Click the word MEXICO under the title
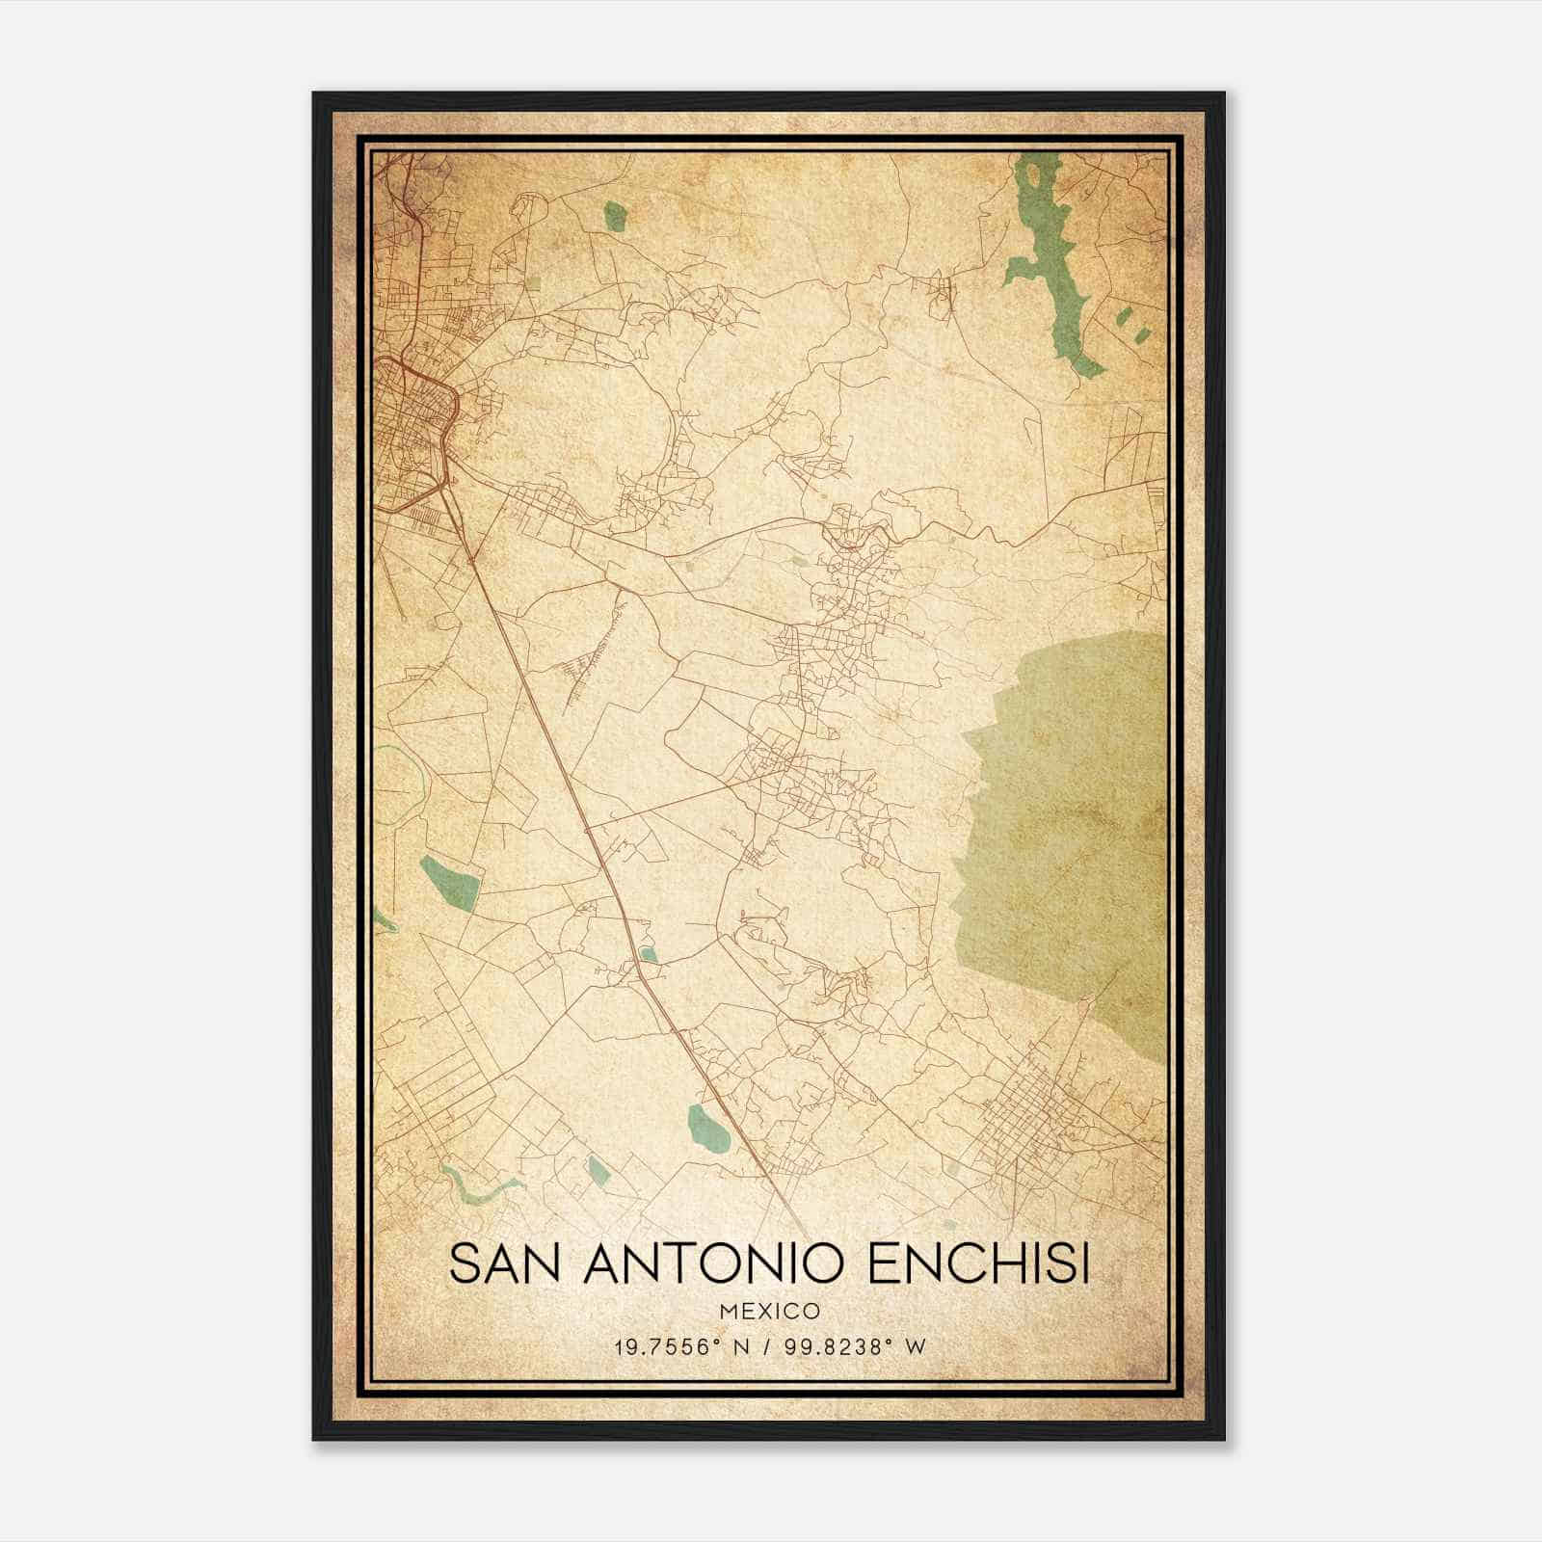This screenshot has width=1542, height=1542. (x=769, y=1312)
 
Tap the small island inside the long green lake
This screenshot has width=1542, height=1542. (x=1033, y=176)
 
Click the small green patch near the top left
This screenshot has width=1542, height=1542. (x=614, y=216)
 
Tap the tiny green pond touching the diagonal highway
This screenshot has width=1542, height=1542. (x=650, y=955)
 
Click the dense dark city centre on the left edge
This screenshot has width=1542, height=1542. (x=410, y=424)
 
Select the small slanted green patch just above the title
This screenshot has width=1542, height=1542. (x=598, y=1171)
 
